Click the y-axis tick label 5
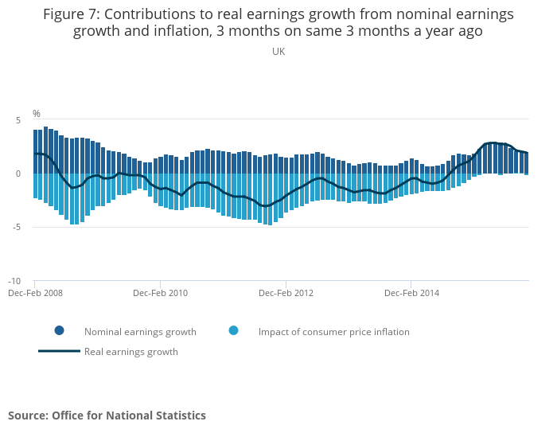(18, 120)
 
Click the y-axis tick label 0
(18, 174)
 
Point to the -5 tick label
(15, 228)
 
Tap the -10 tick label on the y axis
(14, 281)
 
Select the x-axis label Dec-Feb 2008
(35, 293)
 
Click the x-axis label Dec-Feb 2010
(160, 293)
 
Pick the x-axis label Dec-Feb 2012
(286, 293)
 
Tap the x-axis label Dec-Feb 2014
(411, 293)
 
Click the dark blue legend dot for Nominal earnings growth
(59, 331)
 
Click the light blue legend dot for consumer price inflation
(233, 331)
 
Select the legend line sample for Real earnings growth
(59, 351)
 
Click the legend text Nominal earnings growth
(140, 332)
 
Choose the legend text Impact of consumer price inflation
(334, 332)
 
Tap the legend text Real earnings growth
(131, 352)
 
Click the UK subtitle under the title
(278, 51)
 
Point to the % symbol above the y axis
(37, 114)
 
